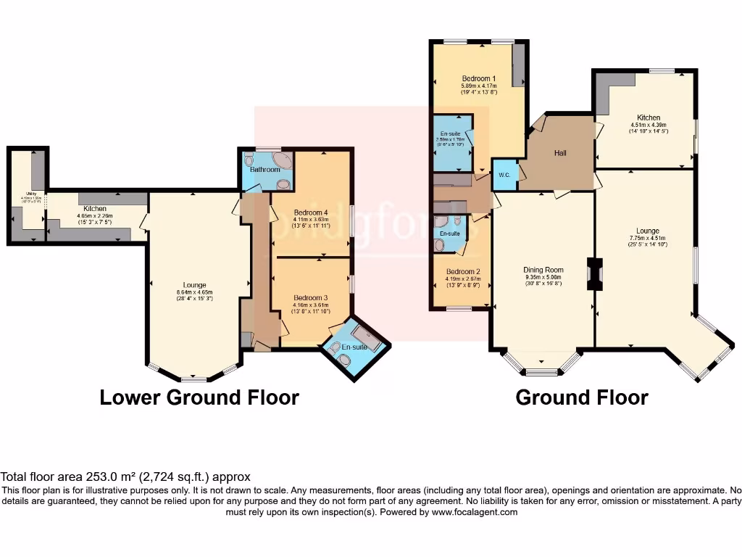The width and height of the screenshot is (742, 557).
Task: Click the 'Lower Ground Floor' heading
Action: [199, 397]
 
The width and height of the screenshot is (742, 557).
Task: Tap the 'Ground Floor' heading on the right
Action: [581, 397]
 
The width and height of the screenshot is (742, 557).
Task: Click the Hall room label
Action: [560, 153]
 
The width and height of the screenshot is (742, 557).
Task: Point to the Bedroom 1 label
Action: [478, 78]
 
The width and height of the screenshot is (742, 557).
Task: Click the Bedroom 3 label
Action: [310, 297]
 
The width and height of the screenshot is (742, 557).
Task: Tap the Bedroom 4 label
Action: [310, 213]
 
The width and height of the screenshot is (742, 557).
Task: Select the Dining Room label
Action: [543, 270]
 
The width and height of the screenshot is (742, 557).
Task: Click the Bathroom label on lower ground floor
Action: [264, 170]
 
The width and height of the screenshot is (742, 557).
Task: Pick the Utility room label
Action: [25, 194]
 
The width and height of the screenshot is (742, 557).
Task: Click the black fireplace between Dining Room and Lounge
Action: [594, 275]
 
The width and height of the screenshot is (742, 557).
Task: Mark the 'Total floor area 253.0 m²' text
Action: [125, 476]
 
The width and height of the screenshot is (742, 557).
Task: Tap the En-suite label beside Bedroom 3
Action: [354, 347]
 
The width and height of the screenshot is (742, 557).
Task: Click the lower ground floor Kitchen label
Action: [94, 209]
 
